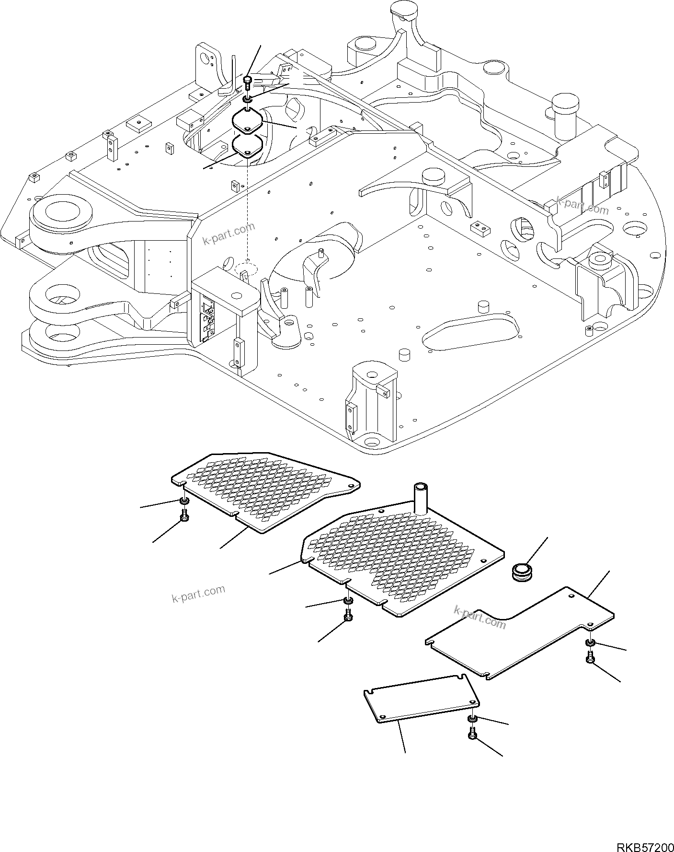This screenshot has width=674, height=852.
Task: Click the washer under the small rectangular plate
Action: pyautogui.click(x=472, y=731)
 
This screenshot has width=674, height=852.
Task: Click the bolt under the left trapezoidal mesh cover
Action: pyautogui.click(x=184, y=516)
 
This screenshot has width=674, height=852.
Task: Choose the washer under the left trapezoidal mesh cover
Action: pyautogui.click(x=184, y=501)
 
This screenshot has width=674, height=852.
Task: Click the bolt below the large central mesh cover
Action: pyautogui.click(x=348, y=616)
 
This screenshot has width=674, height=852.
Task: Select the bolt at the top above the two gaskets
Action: pyautogui.click(x=248, y=82)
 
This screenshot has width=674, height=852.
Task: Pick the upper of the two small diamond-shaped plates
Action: pyautogui.click(x=247, y=120)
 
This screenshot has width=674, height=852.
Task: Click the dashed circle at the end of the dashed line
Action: pyautogui.click(x=246, y=267)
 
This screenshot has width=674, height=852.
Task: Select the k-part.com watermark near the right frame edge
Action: pyautogui.click(x=582, y=206)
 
